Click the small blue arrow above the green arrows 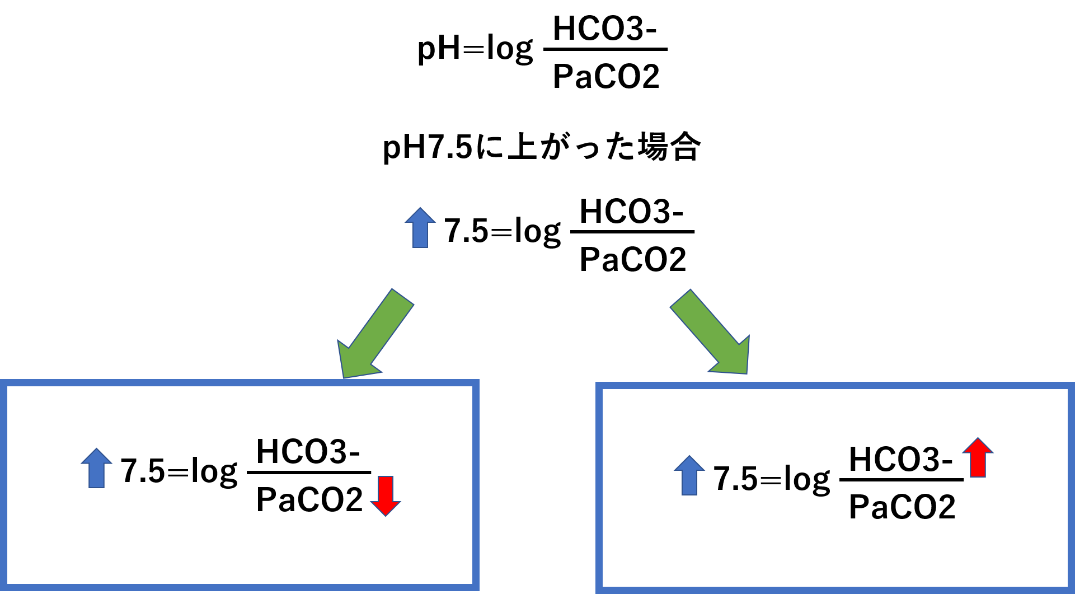pos(420,228)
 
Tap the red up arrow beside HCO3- pos(978,457)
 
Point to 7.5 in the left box pos(143,470)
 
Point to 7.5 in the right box pos(735,479)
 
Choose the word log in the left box pos(214,471)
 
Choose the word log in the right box pos(806,479)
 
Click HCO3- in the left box pos(308,451)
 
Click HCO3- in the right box pos(900,459)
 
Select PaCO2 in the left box pos(309,499)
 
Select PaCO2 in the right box pos(902,507)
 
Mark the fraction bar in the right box pos(902,480)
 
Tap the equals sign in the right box pos(771,480)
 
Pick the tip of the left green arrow pos(345,376)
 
